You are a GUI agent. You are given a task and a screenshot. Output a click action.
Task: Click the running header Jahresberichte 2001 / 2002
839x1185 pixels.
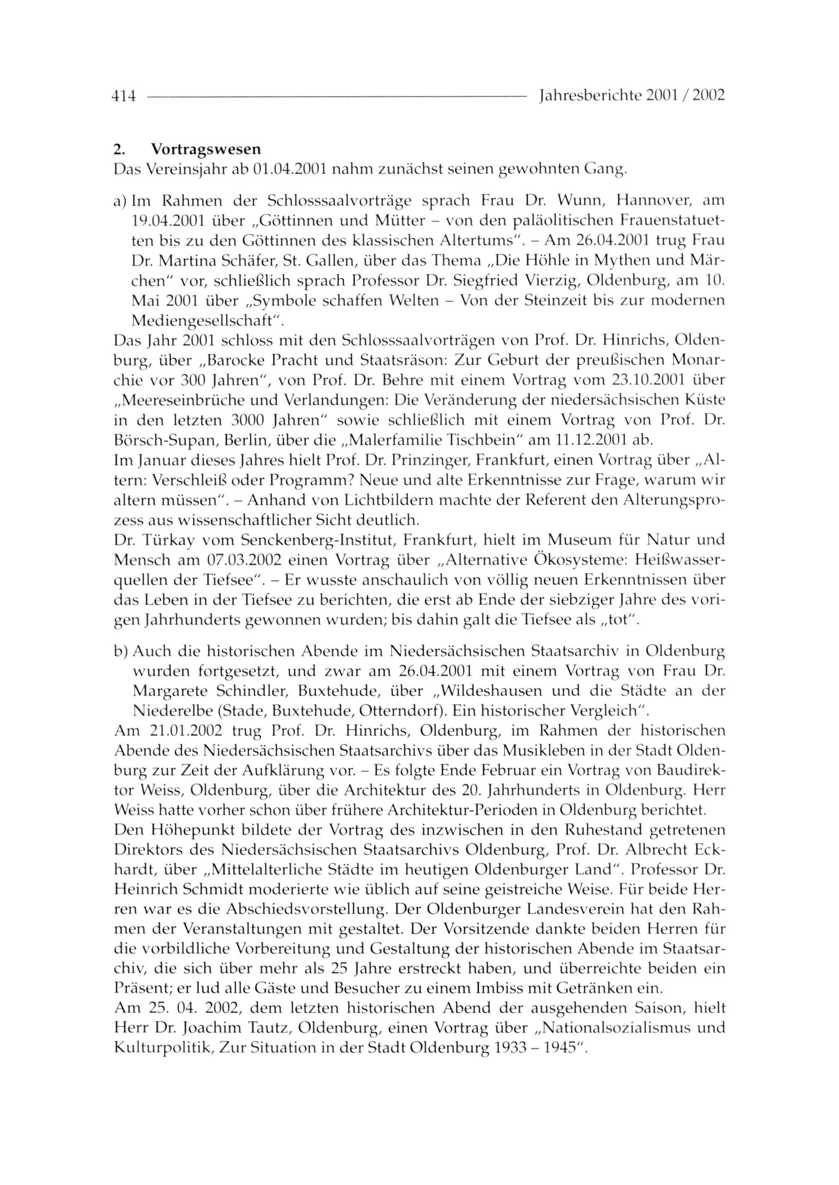[631, 96]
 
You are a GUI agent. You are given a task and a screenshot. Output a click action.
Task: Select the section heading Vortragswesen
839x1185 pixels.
[206, 149]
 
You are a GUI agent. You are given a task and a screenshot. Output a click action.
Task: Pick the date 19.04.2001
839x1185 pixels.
[167, 221]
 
